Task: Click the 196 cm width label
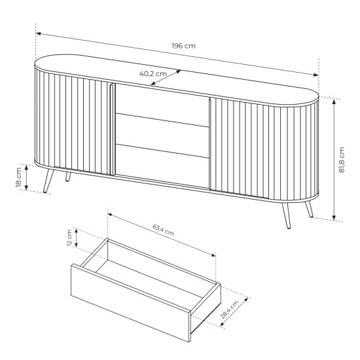pyautogui.click(x=184, y=46)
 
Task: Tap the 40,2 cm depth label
pyautogui.click(x=153, y=74)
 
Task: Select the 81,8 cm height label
pyautogui.click(x=342, y=160)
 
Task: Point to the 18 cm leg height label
pyautogui.click(x=18, y=177)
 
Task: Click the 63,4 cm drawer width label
pyautogui.click(x=163, y=230)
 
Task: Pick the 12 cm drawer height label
pyautogui.click(x=69, y=238)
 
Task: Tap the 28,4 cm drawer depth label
pyautogui.click(x=229, y=310)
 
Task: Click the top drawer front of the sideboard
pyautogui.click(x=162, y=105)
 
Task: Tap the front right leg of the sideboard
pyautogui.click(x=286, y=215)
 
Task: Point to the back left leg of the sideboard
pyautogui.click(x=68, y=177)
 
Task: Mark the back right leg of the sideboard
pyautogui.click(x=309, y=209)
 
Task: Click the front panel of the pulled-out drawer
pyautogui.click(x=131, y=302)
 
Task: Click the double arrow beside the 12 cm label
pyautogui.click(x=77, y=238)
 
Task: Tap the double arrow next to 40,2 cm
pyautogui.click(x=166, y=78)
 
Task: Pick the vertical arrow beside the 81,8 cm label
pyautogui.click(x=334, y=160)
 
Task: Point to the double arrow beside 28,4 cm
pyautogui.click(x=234, y=312)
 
